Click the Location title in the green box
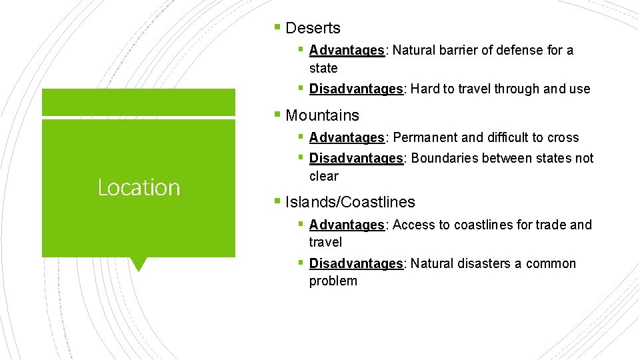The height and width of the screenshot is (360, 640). pyautogui.click(x=139, y=188)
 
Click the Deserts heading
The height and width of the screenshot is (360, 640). pyautogui.click(x=313, y=28)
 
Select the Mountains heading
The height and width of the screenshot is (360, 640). pyautogui.click(x=322, y=115)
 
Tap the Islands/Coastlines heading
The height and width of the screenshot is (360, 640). pyautogui.click(x=350, y=202)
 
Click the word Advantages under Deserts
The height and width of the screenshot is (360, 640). pyautogui.click(x=347, y=50)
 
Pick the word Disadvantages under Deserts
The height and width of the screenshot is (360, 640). pyautogui.click(x=356, y=89)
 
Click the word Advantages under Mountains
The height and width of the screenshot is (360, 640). pyautogui.click(x=347, y=137)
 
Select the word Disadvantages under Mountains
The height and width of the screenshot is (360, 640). pyautogui.click(x=356, y=158)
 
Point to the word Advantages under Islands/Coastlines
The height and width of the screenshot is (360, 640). pyautogui.click(x=347, y=225)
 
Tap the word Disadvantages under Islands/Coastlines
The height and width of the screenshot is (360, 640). pyautogui.click(x=356, y=263)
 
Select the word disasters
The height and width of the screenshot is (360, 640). pyautogui.click(x=483, y=263)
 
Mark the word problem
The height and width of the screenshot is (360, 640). pyautogui.click(x=333, y=281)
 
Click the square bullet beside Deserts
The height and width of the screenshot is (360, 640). pyautogui.click(x=277, y=27)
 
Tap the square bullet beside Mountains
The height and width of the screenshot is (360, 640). pyautogui.click(x=277, y=115)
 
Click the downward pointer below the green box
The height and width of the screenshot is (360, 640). pyautogui.click(x=139, y=264)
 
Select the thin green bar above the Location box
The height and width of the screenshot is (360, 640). pyautogui.click(x=139, y=103)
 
